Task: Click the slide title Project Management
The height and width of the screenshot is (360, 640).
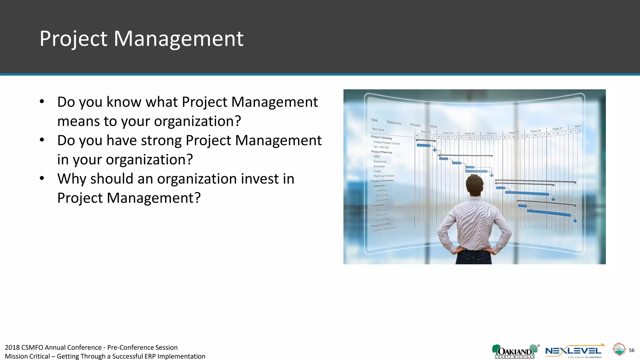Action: tap(141, 39)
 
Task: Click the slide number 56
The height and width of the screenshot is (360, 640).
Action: tap(632, 350)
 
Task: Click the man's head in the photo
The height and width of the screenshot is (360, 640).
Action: tap(474, 185)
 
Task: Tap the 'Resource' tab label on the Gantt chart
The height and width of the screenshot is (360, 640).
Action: tap(394, 122)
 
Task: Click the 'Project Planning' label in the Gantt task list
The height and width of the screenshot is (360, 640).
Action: tap(381, 152)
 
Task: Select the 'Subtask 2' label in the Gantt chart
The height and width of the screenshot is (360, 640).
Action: tap(380, 205)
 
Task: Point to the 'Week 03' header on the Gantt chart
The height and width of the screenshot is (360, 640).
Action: tap(469, 133)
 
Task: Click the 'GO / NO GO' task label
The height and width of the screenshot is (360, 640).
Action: tap(381, 147)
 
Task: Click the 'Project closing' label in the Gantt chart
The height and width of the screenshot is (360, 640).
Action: tap(380, 225)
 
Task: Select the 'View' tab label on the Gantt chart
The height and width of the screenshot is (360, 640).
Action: tap(433, 126)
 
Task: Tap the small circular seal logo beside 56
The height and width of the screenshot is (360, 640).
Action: tap(619, 349)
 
